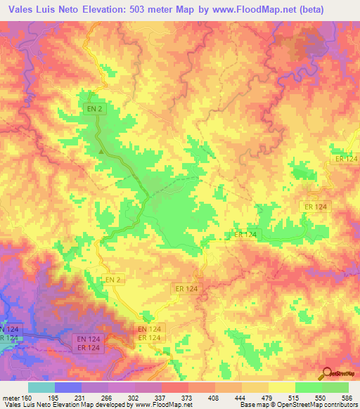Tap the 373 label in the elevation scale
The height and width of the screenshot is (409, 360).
[x=184, y=396]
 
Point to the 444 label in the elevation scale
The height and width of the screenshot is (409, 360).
[x=238, y=396]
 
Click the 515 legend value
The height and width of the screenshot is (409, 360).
[x=293, y=396]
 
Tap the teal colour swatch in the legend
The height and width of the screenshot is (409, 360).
[x=41, y=387]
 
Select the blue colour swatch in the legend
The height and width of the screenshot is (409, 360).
[x=68, y=387]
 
